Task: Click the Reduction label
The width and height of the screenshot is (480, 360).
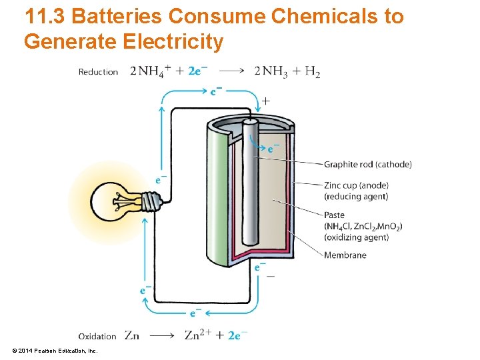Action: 98,72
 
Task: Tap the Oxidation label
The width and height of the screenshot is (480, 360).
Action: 97,336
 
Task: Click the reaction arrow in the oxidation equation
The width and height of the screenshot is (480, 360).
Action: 162,336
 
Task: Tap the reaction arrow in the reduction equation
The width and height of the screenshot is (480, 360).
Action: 232,71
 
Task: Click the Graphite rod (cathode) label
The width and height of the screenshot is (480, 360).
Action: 367,165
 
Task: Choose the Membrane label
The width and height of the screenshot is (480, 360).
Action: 345,255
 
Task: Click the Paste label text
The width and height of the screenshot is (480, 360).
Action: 334,215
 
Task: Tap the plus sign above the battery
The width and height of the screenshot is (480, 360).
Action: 266,101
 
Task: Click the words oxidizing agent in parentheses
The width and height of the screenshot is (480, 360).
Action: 356,237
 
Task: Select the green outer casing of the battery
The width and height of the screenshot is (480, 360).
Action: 217,200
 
